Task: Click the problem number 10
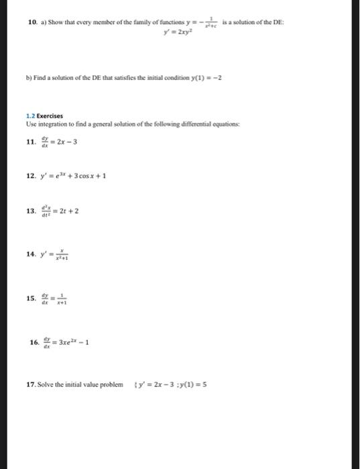31,23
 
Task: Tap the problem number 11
31,141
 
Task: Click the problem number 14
31,255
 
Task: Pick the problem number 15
31,299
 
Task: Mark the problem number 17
31,385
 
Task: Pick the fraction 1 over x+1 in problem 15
62,299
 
